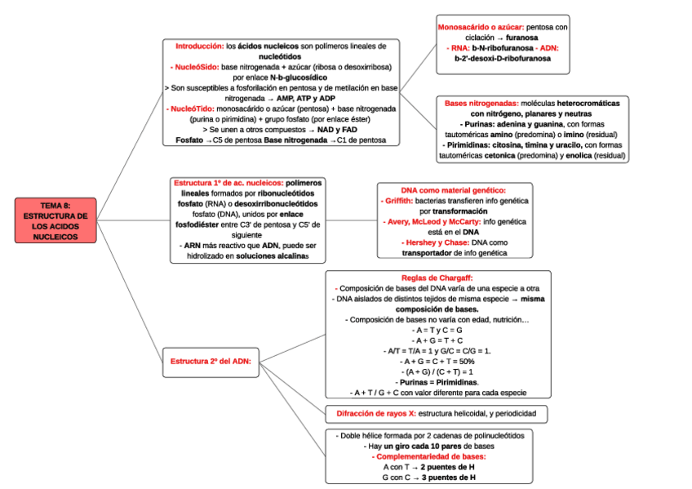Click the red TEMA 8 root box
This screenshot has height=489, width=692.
pyautogui.click(x=55, y=220)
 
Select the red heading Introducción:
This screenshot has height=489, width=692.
pyautogui.click(x=199, y=47)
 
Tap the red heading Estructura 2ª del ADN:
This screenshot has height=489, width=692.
pyautogui.click(x=210, y=360)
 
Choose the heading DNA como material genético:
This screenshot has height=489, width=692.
pyautogui.click(x=454, y=189)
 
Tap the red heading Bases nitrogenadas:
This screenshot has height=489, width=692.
pyautogui.click(x=481, y=104)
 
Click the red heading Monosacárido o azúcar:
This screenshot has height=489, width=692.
pyautogui.click(x=481, y=27)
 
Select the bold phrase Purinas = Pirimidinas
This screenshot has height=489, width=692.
pyautogui.click(x=437, y=382)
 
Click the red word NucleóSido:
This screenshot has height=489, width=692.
pyautogui.click(x=192, y=67)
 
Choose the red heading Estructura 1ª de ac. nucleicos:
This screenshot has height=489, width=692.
pyautogui.click(x=229, y=182)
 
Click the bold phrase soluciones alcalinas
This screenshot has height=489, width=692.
pyautogui.click(x=271, y=256)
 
